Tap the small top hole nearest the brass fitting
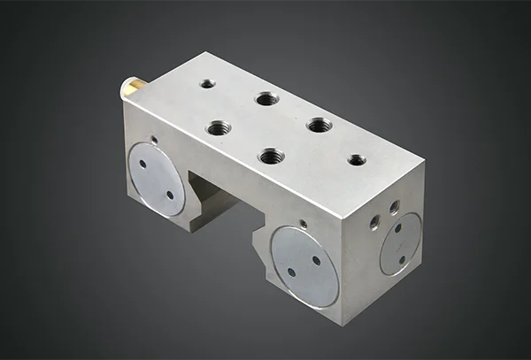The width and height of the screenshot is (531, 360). pyautogui.click(x=208, y=83)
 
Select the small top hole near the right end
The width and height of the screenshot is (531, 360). pyautogui.click(x=357, y=160)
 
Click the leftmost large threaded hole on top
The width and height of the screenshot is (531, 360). pyautogui.click(x=219, y=128)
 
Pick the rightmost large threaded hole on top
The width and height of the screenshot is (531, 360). pyautogui.click(x=319, y=125)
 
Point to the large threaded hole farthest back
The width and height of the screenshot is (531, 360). pyautogui.click(x=266, y=99)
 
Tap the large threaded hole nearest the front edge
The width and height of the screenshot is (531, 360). pyautogui.click(x=271, y=157)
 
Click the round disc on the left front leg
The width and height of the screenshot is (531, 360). pyautogui.click(x=157, y=180)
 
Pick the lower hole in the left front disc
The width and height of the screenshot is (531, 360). pyautogui.click(x=170, y=194)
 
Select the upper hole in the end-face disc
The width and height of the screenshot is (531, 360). pyautogui.click(x=397, y=229)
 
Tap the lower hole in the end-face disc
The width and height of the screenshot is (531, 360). pyautogui.click(x=402, y=259)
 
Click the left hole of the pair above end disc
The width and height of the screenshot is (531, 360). pyautogui.click(x=377, y=221)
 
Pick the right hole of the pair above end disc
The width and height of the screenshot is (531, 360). pyautogui.click(x=394, y=208)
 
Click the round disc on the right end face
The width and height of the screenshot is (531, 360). pyautogui.click(x=400, y=244)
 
